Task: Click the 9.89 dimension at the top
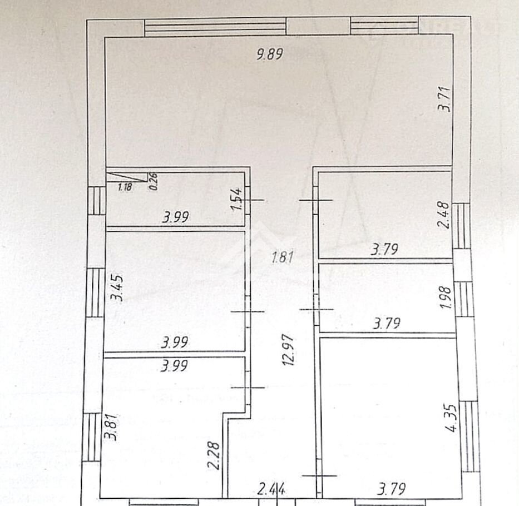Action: click(x=270, y=53)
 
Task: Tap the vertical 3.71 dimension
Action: click(x=444, y=98)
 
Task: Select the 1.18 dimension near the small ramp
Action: click(x=125, y=187)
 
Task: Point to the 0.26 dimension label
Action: click(x=153, y=181)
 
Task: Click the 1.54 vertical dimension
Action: click(x=237, y=199)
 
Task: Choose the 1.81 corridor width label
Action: click(x=283, y=257)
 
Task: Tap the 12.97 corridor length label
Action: click(x=288, y=349)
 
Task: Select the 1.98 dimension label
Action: click(x=446, y=297)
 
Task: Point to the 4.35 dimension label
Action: click(x=451, y=418)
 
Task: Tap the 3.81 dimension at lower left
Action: click(x=111, y=426)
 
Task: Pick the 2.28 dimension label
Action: click(x=214, y=455)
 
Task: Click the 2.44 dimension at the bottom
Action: click(x=271, y=489)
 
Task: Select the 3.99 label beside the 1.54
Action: click(x=175, y=217)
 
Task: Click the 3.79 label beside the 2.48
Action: click(x=384, y=249)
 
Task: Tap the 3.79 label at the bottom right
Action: click(x=392, y=489)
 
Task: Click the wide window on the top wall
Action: click(x=215, y=27)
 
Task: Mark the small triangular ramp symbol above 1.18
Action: click(x=127, y=177)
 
